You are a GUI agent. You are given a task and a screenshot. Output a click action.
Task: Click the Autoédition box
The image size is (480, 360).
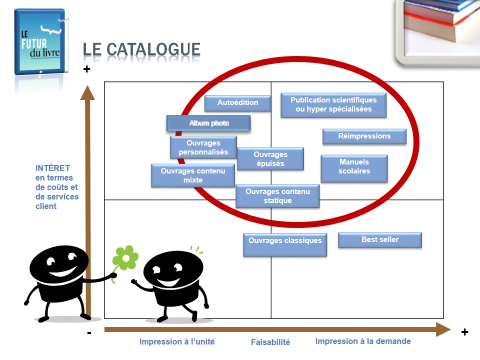click(x=237, y=103)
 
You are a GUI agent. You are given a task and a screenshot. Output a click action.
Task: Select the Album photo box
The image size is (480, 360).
click(x=208, y=123)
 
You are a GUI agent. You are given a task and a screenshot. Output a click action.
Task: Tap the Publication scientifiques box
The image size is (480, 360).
click(x=333, y=105)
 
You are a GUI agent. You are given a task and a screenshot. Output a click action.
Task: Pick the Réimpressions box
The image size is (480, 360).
click(x=364, y=136)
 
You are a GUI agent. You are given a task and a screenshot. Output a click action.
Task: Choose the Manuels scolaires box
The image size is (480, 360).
click(x=354, y=167)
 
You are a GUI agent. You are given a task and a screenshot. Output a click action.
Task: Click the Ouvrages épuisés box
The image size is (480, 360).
click(x=270, y=159)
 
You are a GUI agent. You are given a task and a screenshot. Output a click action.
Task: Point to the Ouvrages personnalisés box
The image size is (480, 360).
click(x=203, y=147)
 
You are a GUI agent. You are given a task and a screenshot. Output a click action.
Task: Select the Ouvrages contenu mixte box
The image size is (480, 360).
click(x=193, y=175)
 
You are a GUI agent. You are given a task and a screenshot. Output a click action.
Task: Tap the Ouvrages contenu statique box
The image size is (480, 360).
click(x=277, y=196)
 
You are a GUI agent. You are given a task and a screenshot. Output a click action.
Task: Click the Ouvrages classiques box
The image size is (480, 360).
click(x=285, y=244)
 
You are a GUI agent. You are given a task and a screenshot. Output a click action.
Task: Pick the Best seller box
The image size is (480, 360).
click(x=380, y=240)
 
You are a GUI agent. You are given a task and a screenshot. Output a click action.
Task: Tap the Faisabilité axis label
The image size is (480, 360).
click(x=270, y=342)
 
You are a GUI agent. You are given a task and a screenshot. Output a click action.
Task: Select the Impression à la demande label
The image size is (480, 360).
click(x=363, y=341)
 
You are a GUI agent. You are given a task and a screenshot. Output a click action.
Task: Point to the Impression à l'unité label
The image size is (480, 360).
click(x=177, y=342)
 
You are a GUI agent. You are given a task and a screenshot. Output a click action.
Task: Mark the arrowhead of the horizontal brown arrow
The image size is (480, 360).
click(x=443, y=329)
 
